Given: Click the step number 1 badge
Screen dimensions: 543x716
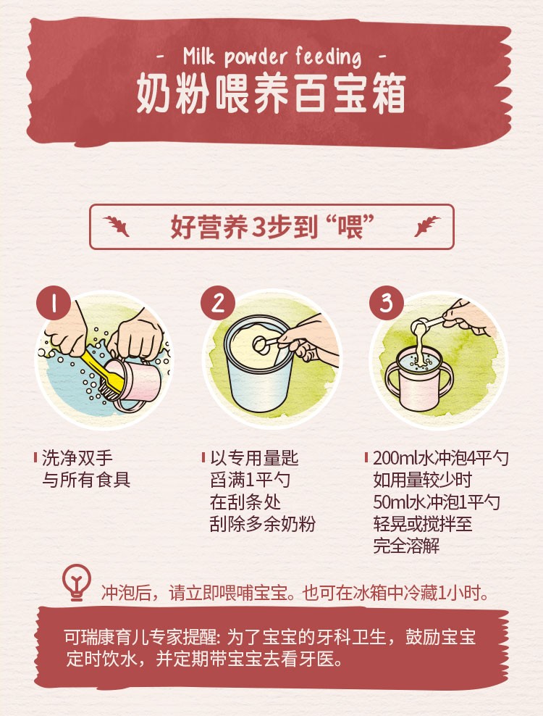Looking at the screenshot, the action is tap(54, 302).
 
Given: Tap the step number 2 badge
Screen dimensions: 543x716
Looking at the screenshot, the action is tap(218, 302).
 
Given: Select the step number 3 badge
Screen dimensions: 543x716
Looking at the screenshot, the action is tap(387, 302).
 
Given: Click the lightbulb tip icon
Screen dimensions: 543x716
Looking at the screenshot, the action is tap(77, 582).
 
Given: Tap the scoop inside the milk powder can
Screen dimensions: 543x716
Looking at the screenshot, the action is tap(269, 344).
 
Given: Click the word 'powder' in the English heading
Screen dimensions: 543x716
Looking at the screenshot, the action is tap(255, 57).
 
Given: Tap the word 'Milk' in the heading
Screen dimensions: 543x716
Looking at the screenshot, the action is tap(198, 56).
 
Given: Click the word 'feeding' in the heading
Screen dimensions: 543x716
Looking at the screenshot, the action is tap(328, 57).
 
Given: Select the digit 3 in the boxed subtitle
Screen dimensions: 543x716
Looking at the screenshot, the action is tap(258, 228).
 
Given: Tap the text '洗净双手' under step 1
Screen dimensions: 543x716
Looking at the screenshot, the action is tap(77, 458).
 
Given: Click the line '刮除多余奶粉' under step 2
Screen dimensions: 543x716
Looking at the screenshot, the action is tap(263, 524).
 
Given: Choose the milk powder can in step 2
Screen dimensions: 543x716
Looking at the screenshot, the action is tap(258, 362).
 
